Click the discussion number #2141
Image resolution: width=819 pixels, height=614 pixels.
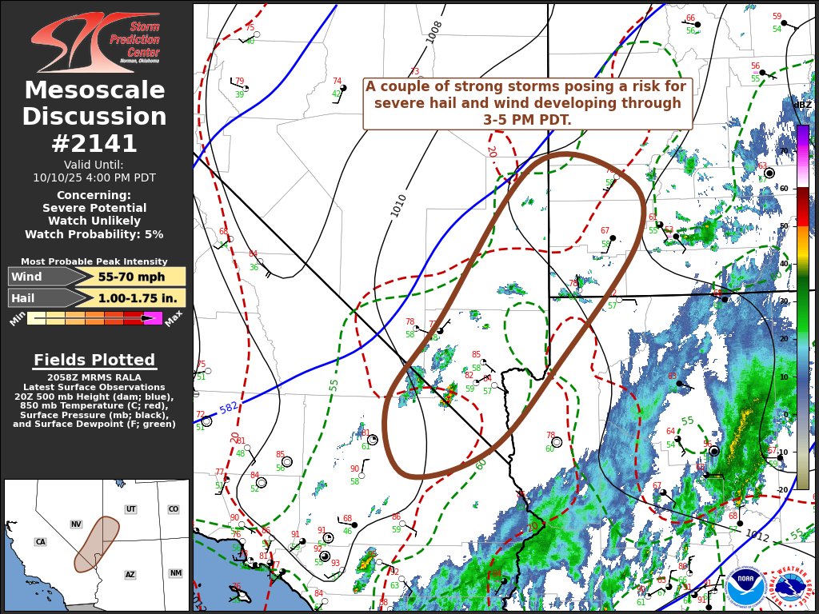[x=94, y=143]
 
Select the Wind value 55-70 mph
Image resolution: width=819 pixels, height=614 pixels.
[x=131, y=277]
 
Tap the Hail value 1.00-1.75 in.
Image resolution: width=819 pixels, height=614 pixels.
[x=131, y=297]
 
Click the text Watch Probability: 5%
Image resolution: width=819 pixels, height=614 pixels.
[x=94, y=234]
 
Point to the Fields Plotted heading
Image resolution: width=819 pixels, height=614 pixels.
[x=94, y=360]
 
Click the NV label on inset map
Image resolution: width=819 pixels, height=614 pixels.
[x=76, y=524]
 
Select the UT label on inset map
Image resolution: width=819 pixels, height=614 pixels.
[x=130, y=509]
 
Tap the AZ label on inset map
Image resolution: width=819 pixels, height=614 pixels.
[x=130, y=574]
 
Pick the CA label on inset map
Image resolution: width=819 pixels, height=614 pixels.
[x=40, y=542]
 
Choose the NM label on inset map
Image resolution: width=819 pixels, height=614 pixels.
[x=175, y=573]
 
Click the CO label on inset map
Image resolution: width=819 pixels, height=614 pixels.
[x=174, y=509]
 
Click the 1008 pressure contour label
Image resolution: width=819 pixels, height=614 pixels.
[x=433, y=31]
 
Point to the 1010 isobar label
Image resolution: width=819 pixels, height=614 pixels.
[x=398, y=205]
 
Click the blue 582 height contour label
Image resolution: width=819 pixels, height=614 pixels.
[x=229, y=408]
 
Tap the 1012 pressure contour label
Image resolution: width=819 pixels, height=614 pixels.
[x=757, y=535]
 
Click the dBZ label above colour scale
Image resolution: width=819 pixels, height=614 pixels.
[x=801, y=105]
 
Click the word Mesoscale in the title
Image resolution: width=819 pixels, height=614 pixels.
[x=94, y=90]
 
